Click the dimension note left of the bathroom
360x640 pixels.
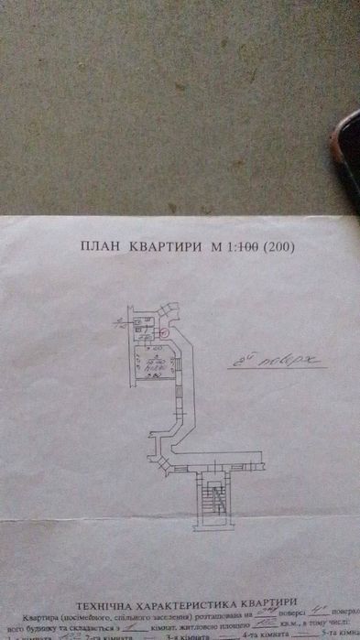click(x=120, y=322)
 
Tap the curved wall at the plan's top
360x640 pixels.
click(x=166, y=317)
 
